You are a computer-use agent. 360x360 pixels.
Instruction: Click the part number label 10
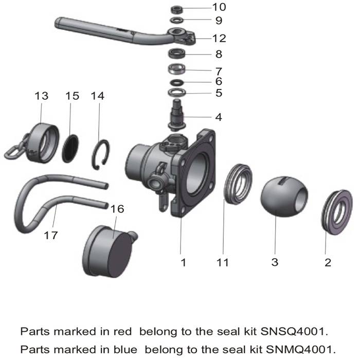coord(219,7)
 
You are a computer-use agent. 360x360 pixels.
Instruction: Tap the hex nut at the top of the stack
coord(177,9)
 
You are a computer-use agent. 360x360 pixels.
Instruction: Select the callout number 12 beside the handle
coord(219,38)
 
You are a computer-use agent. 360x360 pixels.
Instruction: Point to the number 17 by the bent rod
coord(50,235)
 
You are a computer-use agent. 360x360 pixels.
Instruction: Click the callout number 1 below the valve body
coord(183,262)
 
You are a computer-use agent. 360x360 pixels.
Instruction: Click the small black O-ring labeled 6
coord(177,82)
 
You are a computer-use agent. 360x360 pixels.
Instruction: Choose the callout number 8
coord(219,53)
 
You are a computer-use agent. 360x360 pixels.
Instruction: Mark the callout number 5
coord(219,93)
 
